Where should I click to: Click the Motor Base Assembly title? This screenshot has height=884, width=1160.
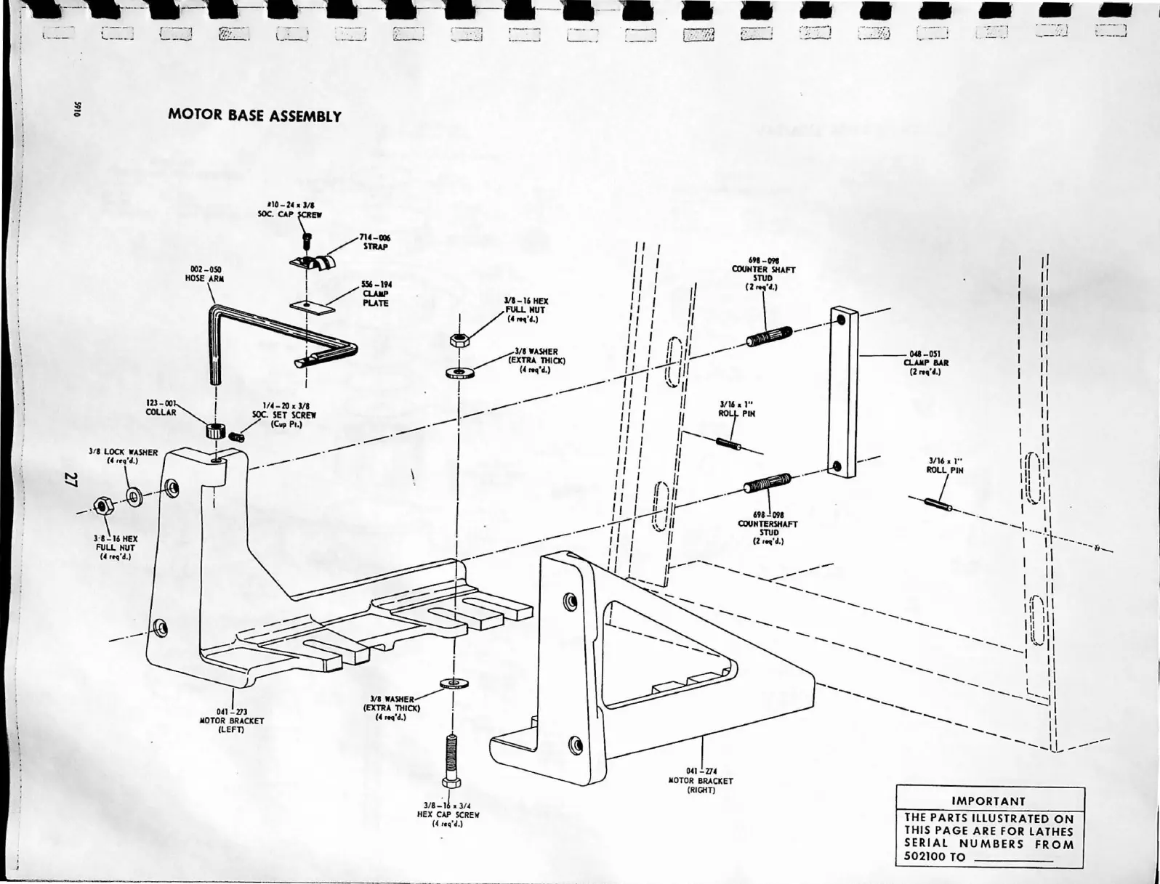pyautogui.click(x=254, y=116)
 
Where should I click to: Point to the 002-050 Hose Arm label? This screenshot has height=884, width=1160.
pyautogui.click(x=206, y=273)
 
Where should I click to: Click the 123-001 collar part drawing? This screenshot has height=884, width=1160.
pyautogui.click(x=214, y=430)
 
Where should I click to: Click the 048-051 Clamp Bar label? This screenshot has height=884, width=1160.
pyautogui.click(x=925, y=363)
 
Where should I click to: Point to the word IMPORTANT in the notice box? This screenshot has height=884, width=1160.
pyautogui.click(x=988, y=801)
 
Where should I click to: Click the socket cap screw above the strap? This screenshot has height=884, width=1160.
pyautogui.click(x=307, y=240)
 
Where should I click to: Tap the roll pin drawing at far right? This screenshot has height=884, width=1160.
pyautogui.click(x=938, y=503)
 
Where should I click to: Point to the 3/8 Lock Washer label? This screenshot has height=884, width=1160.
pyautogui.click(x=123, y=455)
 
